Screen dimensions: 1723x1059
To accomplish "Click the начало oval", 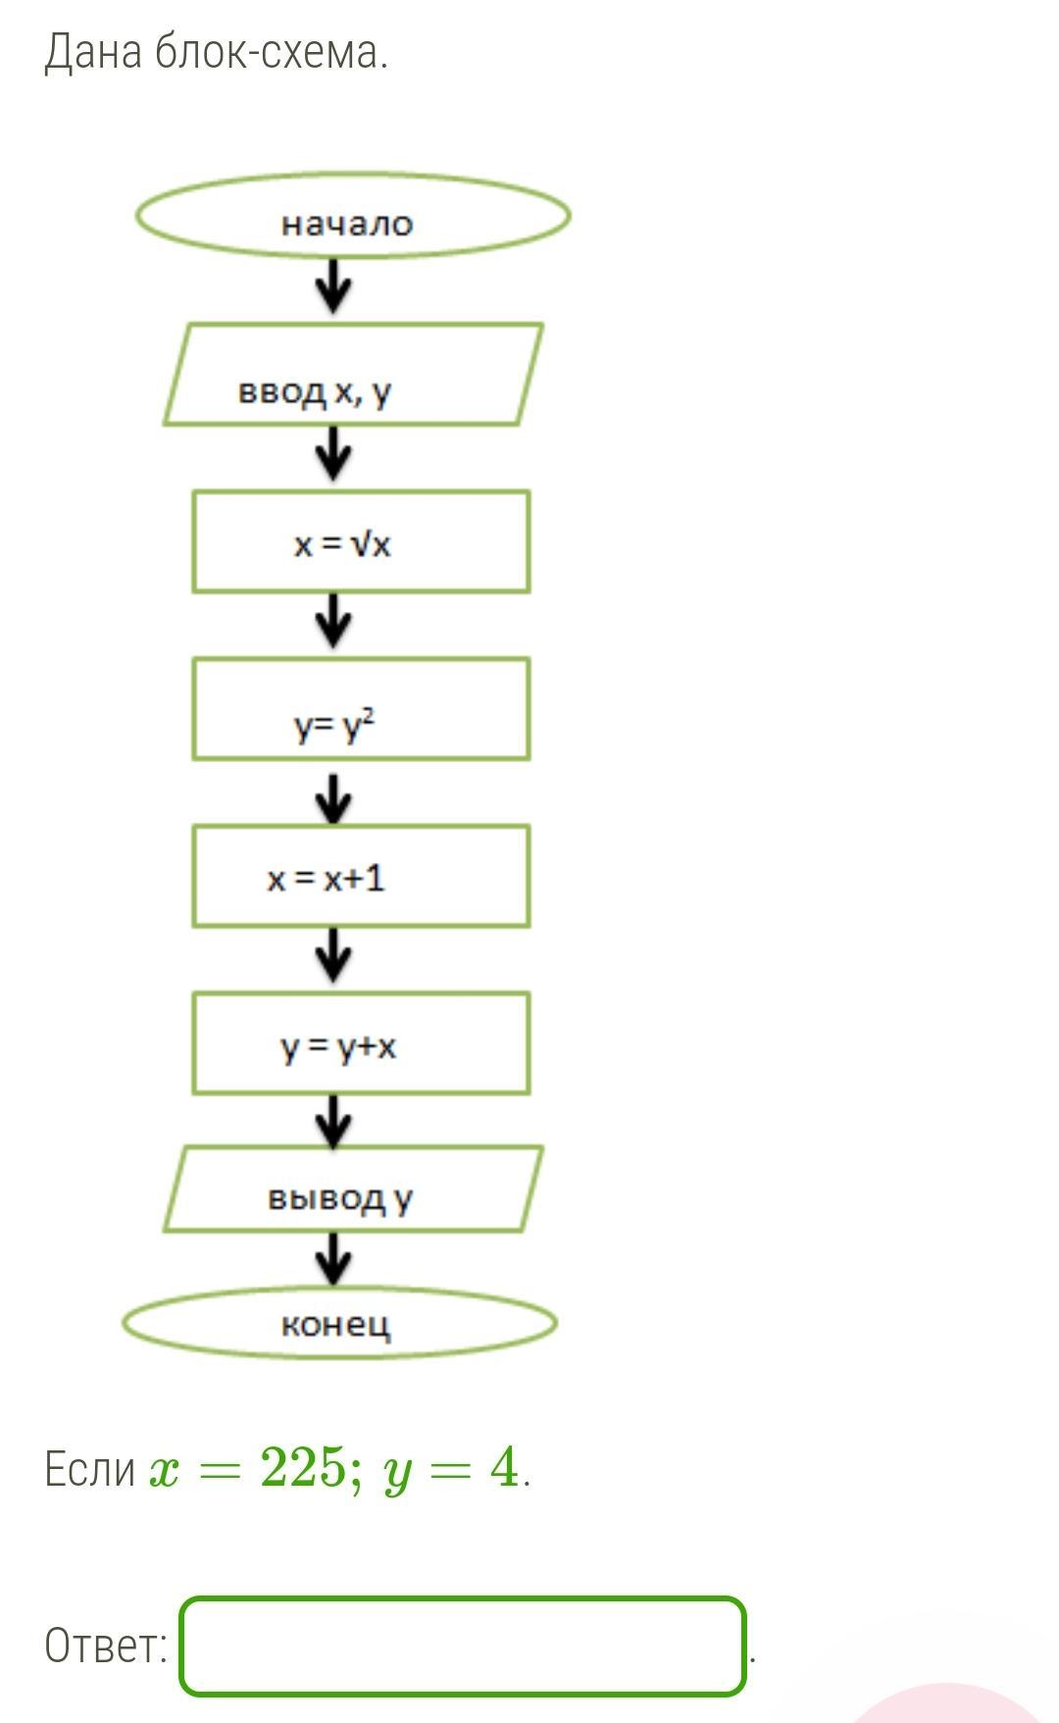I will tap(353, 217).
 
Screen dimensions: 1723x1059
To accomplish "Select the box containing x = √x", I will tap(361, 542).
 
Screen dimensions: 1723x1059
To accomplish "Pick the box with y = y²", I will tap(361, 709).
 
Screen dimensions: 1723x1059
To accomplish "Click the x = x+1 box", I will tap(361, 877).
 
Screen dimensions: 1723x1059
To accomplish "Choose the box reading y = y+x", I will tap(361, 1043).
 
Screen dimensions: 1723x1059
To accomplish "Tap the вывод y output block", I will tap(353, 1189).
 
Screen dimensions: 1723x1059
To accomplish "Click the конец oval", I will tap(339, 1324).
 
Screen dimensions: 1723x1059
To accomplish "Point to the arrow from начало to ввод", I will tap(334, 286).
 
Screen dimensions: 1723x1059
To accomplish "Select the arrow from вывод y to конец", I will tap(334, 1259).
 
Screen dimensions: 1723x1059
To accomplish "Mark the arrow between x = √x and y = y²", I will tap(334, 622).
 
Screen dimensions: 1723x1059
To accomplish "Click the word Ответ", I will tap(106, 1647).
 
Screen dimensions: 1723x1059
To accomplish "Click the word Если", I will tap(89, 1469).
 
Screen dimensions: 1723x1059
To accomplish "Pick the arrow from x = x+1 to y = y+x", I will tap(334, 956).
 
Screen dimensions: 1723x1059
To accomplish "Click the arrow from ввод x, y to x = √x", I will tap(334, 455).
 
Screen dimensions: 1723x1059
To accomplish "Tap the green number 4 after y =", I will tap(504, 1469).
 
